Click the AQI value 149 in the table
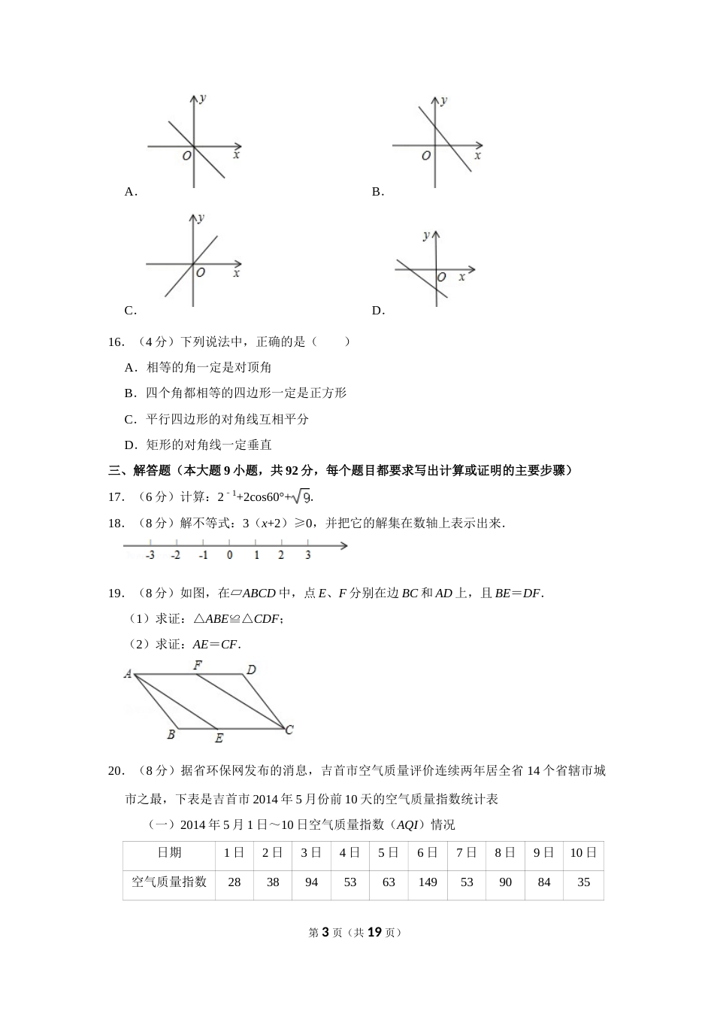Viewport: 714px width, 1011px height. pos(428,882)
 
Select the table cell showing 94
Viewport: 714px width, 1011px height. pos(311,882)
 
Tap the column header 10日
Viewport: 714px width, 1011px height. pos(583,852)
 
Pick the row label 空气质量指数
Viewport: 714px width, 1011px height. pos(169,882)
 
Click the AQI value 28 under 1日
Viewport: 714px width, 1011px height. pos(234,882)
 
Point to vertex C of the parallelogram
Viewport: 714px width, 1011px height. pos(289,729)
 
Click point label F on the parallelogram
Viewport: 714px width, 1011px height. pos(198,665)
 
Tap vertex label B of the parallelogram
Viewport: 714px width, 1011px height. pos(171,735)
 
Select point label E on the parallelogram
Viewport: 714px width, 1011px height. pos(219,739)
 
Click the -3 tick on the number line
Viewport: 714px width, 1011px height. pos(150,556)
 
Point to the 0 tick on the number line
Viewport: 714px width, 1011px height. pos(229,556)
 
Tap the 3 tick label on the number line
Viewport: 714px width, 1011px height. pos(308,556)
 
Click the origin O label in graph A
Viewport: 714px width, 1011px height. pos(186,156)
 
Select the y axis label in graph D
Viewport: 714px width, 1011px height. pos(426,235)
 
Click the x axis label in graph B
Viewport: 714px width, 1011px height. pos(477,156)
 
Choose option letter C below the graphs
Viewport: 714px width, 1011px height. pos(130,311)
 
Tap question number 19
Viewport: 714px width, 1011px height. pos(116,594)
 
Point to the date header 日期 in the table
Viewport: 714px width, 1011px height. pos(169,852)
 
